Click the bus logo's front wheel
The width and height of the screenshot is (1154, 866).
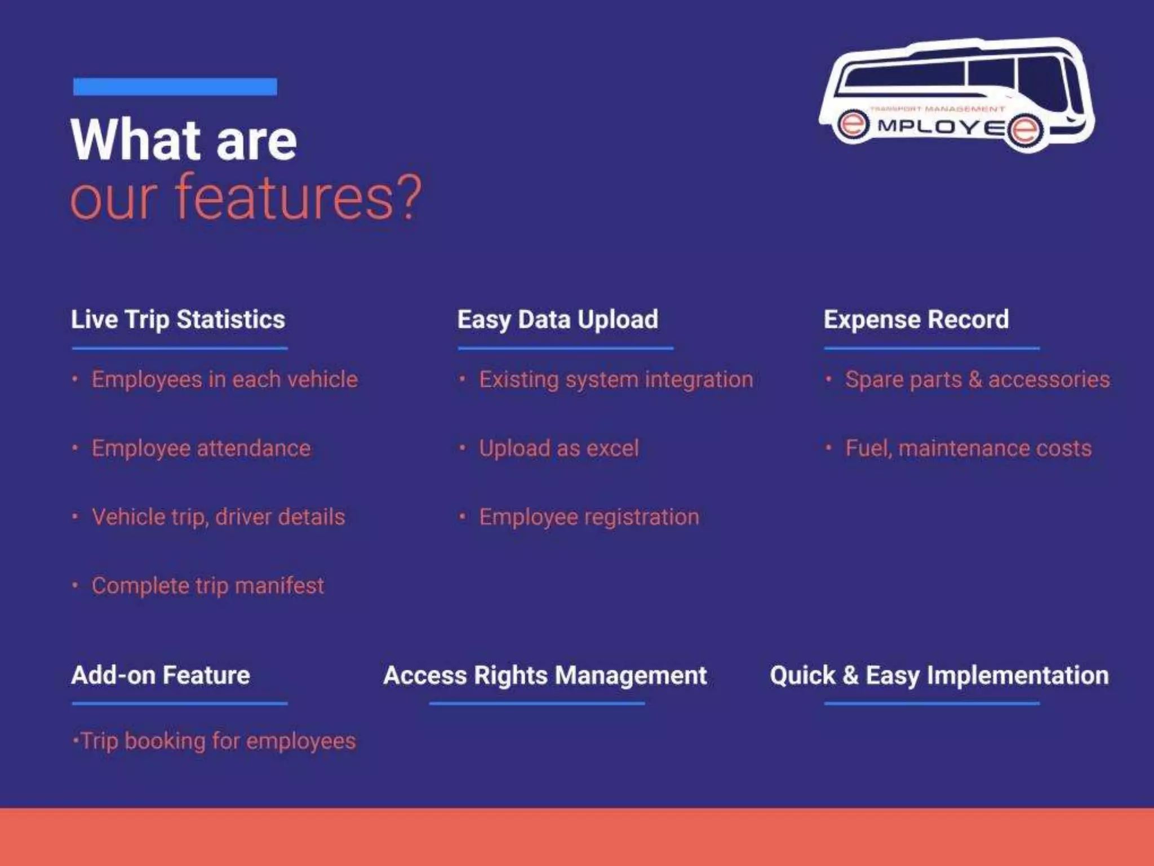click(x=1025, y=130)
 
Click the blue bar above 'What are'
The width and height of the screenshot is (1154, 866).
click(x=175, y=87)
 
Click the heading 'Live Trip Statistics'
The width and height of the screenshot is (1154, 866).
click(x=178, y=319)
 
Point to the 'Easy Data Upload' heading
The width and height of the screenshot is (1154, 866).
click(x=557, y=319)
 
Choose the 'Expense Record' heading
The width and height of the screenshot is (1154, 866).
click(x=916, y=319)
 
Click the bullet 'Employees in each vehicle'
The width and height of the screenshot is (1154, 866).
click(x=224, y=379)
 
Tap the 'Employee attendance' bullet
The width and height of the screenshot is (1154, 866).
click(x=201, y=448)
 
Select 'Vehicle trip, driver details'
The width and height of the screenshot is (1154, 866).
click(x=218, y=517)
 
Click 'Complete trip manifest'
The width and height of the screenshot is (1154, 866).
click(x=207, y=586)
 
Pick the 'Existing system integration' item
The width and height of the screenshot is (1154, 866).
click(x=615, y=379)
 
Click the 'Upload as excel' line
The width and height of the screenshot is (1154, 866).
click(x=558, y=448)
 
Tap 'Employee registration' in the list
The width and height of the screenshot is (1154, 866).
click(x=588, y=517)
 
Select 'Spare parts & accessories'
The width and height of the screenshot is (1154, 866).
click(x=977, y=379)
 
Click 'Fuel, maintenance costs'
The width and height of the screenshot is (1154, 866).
click(x=968, y=448)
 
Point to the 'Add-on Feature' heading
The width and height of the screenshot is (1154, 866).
click(x=161, y=675)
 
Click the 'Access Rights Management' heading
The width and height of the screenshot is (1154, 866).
click(x=545, y=675)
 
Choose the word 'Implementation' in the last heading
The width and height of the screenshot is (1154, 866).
click(x=1018, y=675)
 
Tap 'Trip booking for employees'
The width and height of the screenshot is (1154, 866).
click(x=218, y=741)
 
